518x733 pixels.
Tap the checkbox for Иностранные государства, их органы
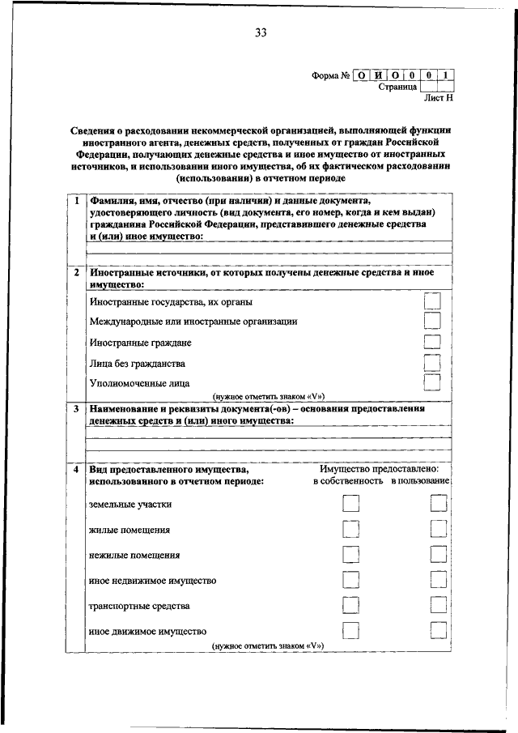click(433, 301)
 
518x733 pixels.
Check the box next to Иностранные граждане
click(433, 343)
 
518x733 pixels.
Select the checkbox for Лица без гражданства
click(433, 362)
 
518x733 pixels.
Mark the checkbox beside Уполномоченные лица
click(433, 381)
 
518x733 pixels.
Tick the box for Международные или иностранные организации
click(433, 322)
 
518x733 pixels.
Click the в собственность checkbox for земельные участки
click(350, 504)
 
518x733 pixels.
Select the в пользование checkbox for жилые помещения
click(439, 530)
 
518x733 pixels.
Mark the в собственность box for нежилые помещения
click(350, 554)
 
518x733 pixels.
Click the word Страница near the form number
click(397, 87)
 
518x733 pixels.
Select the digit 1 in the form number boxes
click(447, 75)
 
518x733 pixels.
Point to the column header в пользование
click(419, 481)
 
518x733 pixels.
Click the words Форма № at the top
click(330, 75)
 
